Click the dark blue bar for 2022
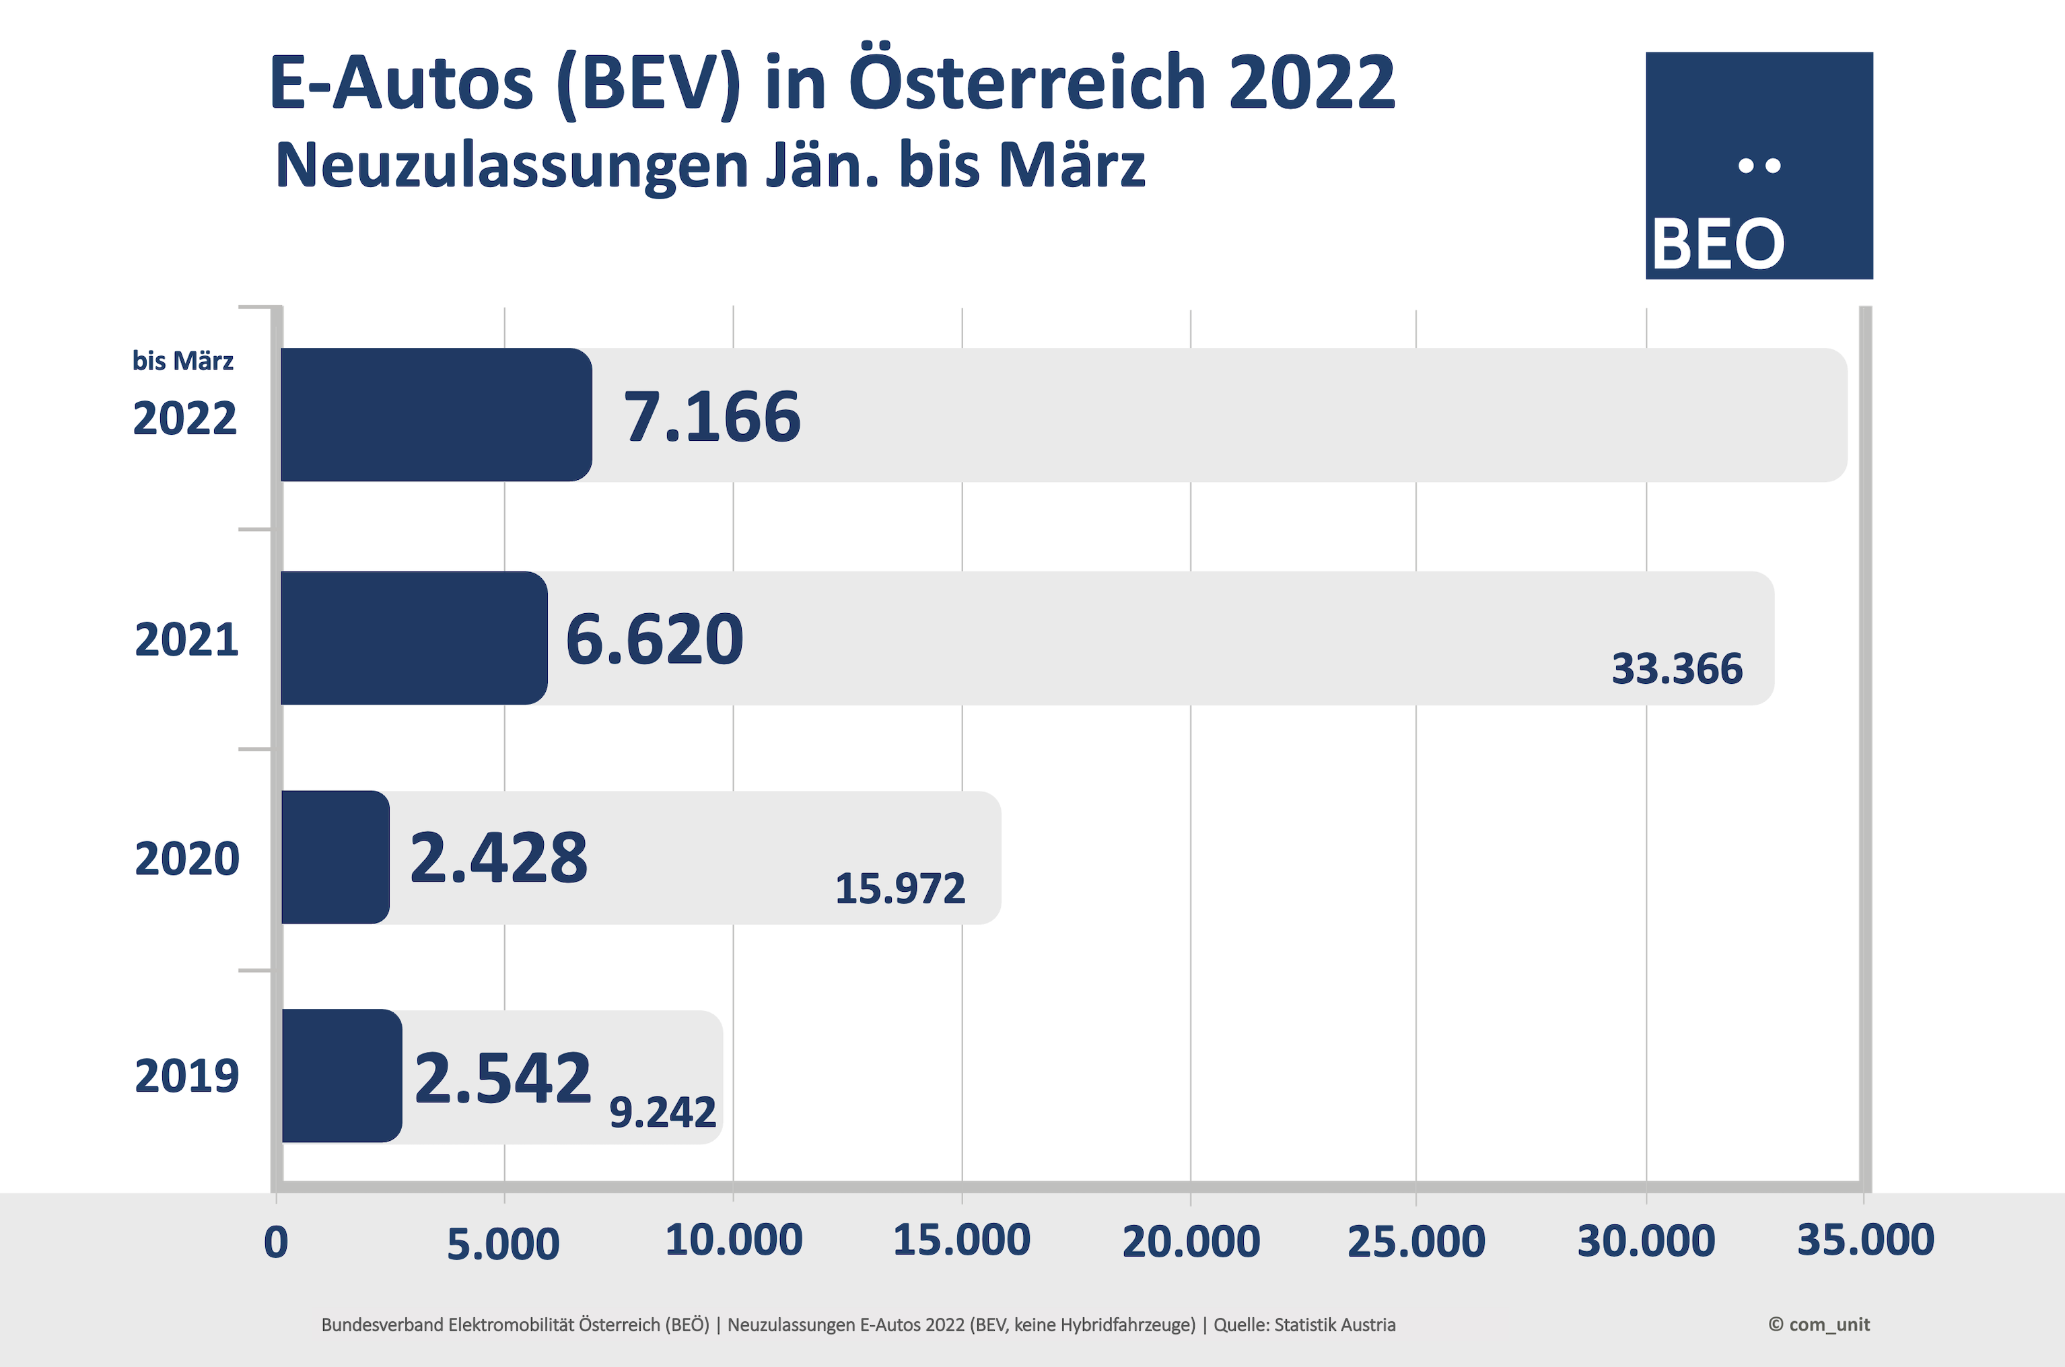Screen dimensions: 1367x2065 pyautogui.click(x=436, y=415)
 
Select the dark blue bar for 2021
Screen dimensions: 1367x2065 pyautogui.click(x=414, y=638)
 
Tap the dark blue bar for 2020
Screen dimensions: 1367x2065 pyautogui.click(x=336, y=857)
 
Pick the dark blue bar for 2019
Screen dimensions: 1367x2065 pyautogui.click(x=342, y=1076)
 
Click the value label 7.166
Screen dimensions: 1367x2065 pyautogui.click(x=711, y=417)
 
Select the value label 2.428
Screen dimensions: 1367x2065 pyautogui.click(x=499, y=858)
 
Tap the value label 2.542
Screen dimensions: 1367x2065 pyautogui.click(x=503, y=1078)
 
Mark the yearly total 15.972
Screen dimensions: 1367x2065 pyautogui.click(x=900, y=889)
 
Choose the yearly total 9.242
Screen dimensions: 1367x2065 pyautogui.click(x=662, y=1113)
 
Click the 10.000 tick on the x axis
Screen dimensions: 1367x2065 pyautogui.click(x=733, y=1240)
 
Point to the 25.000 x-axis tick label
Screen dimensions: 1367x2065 pyautogui.click(x=1415, y=1241)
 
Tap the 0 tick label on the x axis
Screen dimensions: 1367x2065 pyautogui.click(x=275, y=1243)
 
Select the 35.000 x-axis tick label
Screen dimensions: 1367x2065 pyautogui.click(x=1864, y=1240)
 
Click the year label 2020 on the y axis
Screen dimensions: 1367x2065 pyautogui.click(x=186, y=859)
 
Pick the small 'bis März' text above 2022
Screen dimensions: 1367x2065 pyautogui.click(x=182, y=361)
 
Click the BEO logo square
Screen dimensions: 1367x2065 pyautogui.click(x=1758, y=166)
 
